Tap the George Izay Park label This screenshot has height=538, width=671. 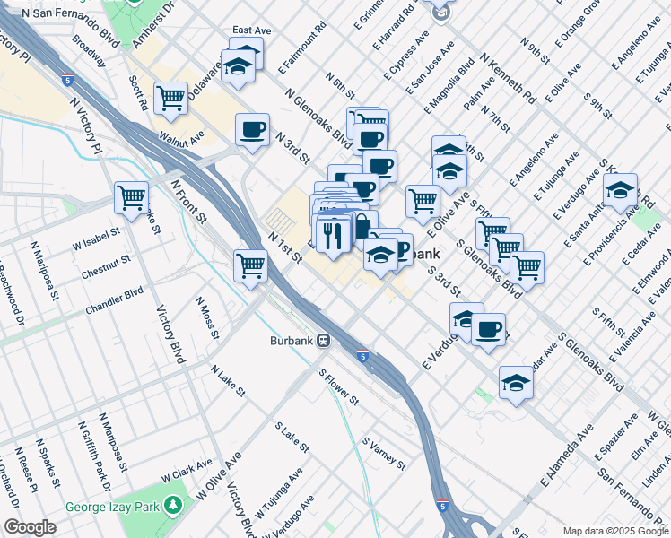[x=111, y=506]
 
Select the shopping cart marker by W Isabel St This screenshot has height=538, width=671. [x=131, y=196]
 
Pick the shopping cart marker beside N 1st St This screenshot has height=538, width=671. [x=250, y=265]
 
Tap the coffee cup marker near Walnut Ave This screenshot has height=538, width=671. [x=252, y=129]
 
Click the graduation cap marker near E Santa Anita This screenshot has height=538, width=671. [x=619, y=191]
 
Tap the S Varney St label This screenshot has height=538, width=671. [x=384, y=453]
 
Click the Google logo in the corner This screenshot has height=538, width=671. [x=30, y=527]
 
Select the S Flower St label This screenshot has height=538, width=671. [x=340, y=386]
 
